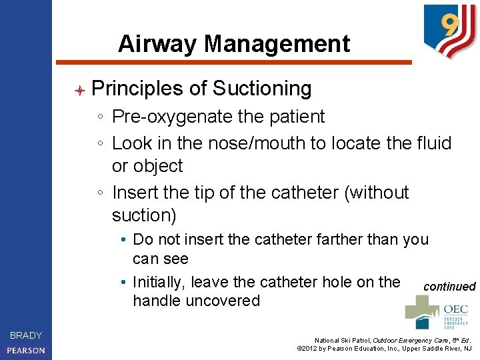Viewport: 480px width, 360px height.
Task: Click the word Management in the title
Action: click(277, 44)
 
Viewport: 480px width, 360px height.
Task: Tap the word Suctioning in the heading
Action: click(261, 89)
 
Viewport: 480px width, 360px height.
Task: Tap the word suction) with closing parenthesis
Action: click(144, 215)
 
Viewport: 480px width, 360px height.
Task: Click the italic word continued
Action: click(449, 287)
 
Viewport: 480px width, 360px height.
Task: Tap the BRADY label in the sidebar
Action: click(26, 335)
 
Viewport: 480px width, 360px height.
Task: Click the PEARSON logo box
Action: click(26, 350)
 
